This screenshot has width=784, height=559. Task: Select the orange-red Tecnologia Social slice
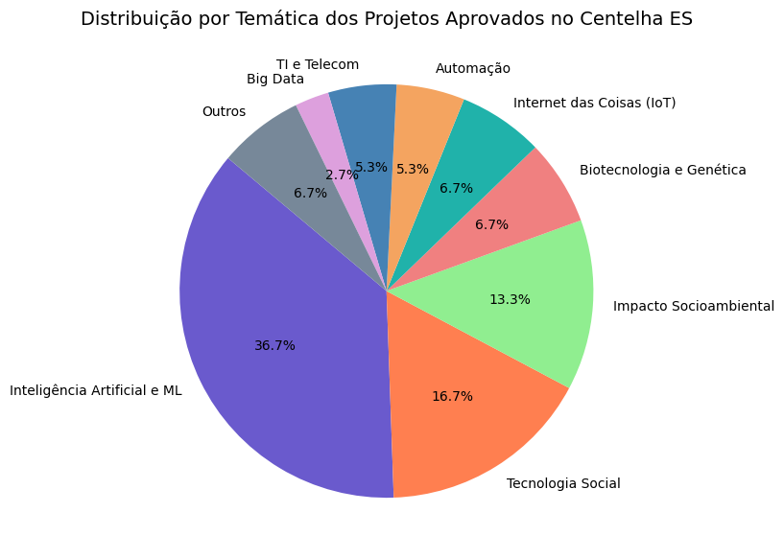click(x=461, y=422)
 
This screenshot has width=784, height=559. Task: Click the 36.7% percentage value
click(x=274, y=345)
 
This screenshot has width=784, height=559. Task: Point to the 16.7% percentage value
click(x=452, y=396)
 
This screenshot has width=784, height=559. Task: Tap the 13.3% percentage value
click(x=510, y=299)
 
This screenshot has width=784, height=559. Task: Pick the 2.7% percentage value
click(x=342, y=175)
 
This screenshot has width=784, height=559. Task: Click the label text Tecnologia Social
click(x=563, y=483)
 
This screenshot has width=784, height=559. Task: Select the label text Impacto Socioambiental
click(x=693, y=307)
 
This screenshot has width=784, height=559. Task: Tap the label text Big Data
click(x=275, y=79)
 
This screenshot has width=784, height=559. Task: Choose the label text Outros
click(x=224, y=111)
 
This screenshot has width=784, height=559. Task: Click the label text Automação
click(x=472, y=68)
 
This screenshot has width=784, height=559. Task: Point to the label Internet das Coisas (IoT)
click(x=594, y=103)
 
